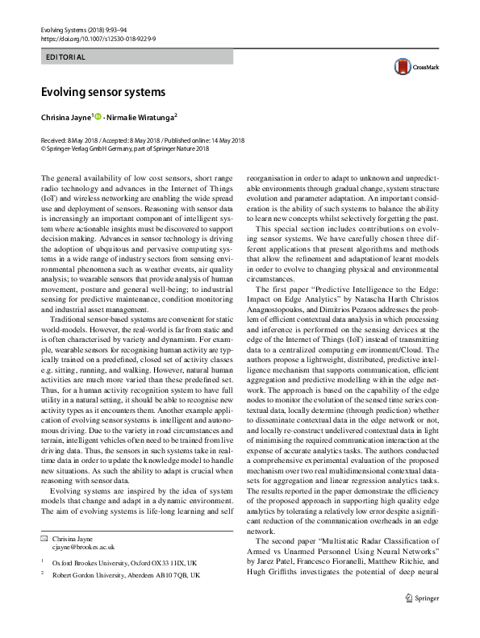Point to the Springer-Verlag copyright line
(x=113, y=148)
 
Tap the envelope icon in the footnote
(x=44, y=537)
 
